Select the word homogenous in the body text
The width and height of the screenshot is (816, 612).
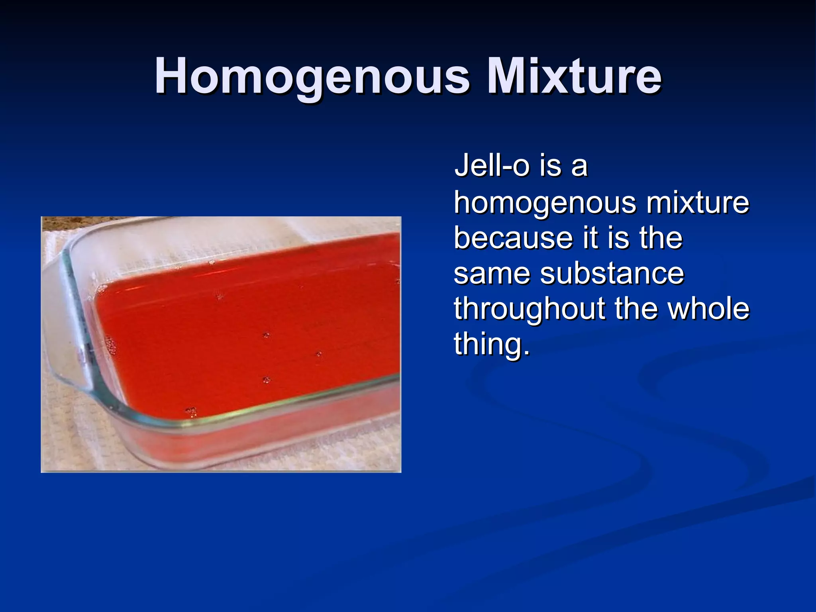tap(545, 203)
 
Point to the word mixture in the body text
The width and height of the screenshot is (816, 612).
tap(697, 202)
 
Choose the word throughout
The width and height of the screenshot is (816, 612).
tap(529, 309)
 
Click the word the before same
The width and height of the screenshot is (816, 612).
tap(661, 237)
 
